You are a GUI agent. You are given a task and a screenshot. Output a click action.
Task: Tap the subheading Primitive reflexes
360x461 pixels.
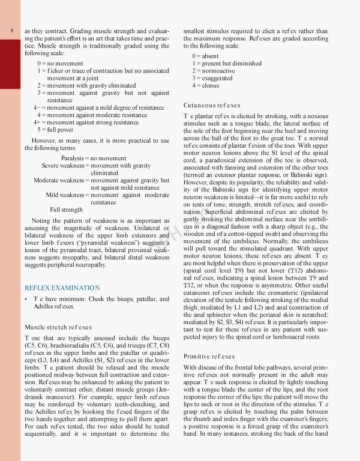(208, 356)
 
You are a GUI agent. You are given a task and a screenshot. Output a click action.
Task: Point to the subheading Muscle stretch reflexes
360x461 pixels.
(58, 327)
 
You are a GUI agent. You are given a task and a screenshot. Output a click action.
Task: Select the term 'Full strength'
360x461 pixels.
(66, 209)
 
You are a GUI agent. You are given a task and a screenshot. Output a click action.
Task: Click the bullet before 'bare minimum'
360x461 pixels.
(26, 298)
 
